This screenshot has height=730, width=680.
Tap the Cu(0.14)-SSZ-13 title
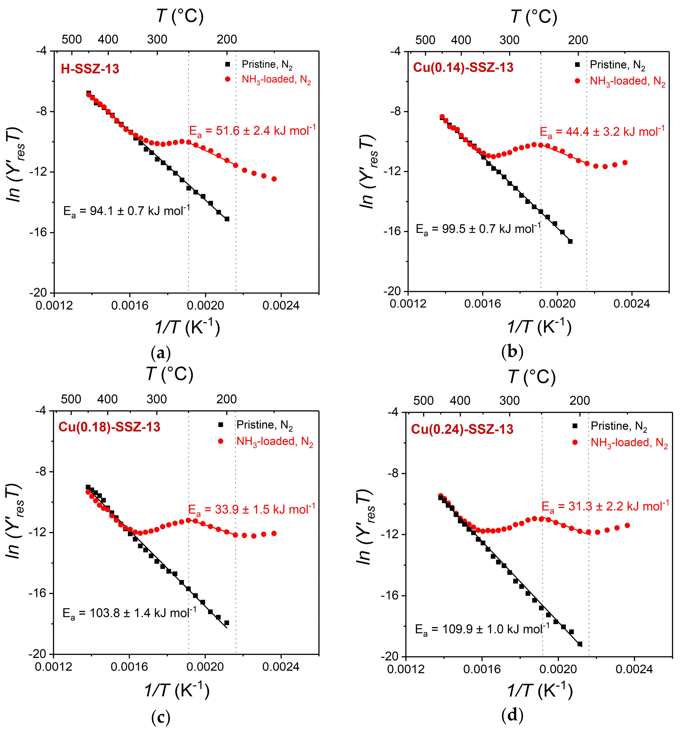(463, 68)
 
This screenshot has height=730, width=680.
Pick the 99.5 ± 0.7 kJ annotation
(478, 229)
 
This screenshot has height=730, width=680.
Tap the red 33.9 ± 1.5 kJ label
(251, 509)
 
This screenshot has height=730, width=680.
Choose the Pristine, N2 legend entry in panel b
(617, 65)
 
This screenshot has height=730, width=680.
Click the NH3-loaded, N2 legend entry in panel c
(274, 441)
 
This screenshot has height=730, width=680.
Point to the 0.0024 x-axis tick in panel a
(281, 305)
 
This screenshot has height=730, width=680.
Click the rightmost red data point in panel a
(274, 179)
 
